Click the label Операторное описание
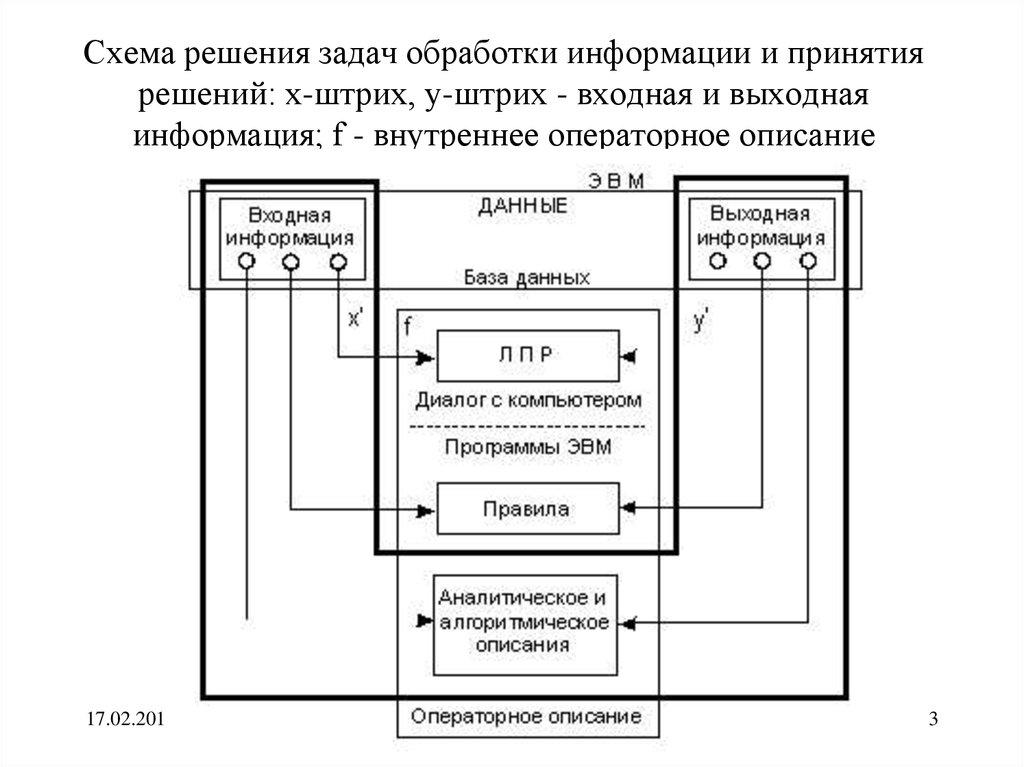526,716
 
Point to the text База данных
526,277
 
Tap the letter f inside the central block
408,327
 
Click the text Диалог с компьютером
527,400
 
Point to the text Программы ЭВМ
527,448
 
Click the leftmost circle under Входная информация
246,262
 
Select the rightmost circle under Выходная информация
808,262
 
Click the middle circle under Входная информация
290,262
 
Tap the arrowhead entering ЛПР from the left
428,356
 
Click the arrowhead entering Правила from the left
428,509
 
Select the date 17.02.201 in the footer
122,719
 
